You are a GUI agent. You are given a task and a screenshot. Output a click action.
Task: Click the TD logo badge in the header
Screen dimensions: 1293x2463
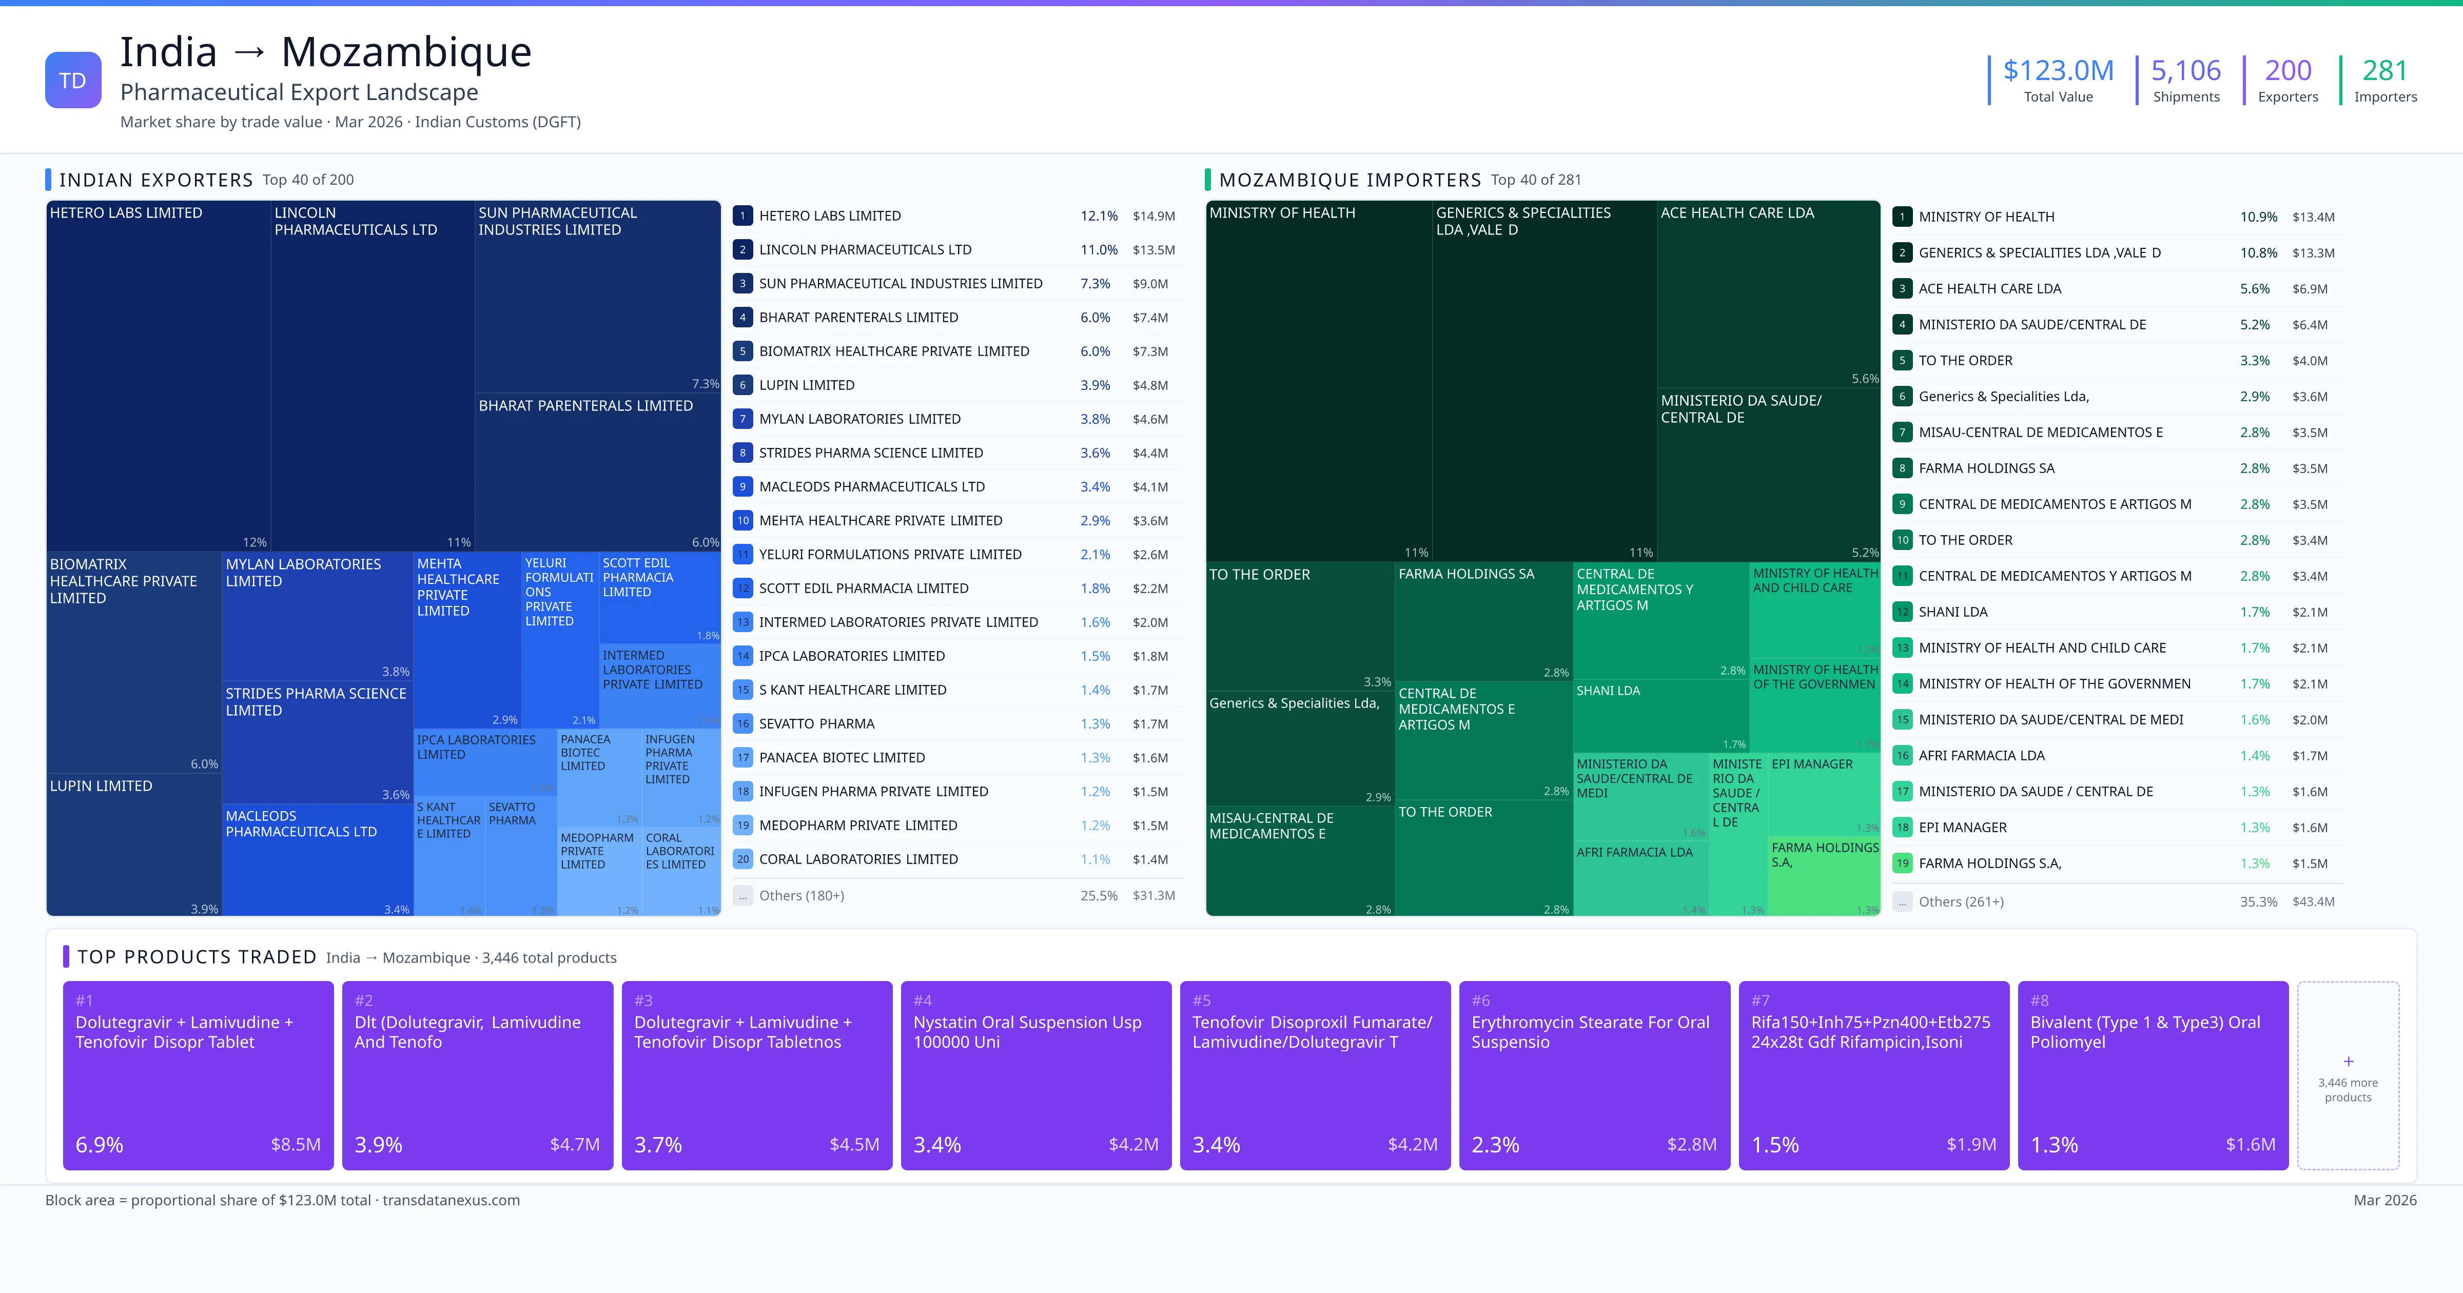(73, 81)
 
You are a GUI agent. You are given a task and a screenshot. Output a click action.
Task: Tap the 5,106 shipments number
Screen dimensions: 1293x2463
(2186, 71)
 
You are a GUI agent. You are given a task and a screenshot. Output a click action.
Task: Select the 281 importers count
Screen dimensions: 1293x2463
(2384, 71)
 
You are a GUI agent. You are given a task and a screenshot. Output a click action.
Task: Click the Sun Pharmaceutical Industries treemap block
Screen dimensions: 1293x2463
(597, 297)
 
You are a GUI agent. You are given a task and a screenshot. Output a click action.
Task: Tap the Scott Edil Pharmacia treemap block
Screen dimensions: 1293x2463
(659, 598)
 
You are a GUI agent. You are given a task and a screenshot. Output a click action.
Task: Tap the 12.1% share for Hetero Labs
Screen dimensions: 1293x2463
(1099, 216)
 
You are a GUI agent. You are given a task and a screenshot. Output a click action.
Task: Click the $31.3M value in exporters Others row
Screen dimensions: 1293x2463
(1153, 896)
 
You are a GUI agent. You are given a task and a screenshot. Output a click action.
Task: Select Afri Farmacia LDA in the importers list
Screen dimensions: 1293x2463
(1981, 755)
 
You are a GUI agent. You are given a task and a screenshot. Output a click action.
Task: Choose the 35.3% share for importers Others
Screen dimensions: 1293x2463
(2257, 902)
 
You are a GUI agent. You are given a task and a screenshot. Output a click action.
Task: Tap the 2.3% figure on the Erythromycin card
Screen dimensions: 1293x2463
(1495, 1145)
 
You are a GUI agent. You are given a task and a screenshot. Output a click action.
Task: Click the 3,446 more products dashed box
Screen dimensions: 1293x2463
(2348, 1075)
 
